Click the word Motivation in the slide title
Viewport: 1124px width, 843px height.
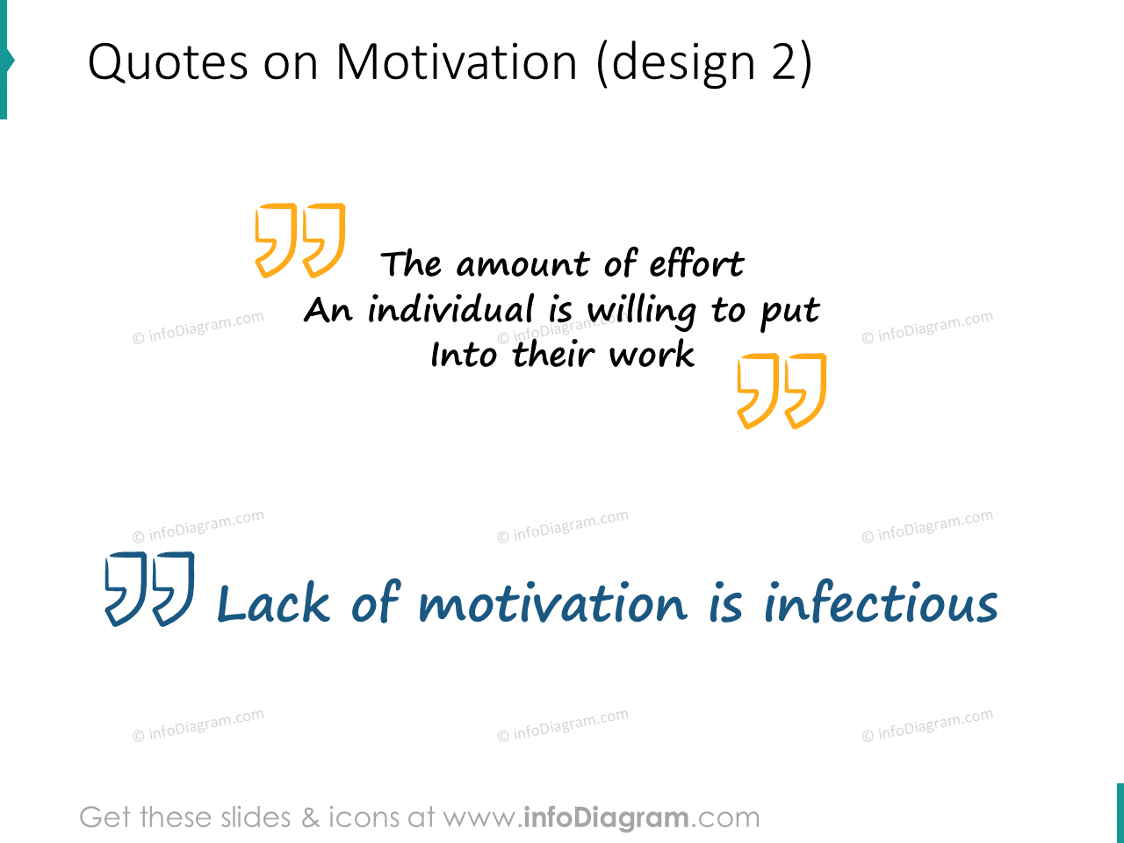[x=457, y=63]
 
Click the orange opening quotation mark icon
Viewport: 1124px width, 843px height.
[x=299, y=240]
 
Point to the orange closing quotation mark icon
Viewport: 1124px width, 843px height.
[x=782, y=391]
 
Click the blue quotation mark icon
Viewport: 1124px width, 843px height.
[x=149, y=588]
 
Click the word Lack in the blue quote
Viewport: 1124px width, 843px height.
[x=273, y=604]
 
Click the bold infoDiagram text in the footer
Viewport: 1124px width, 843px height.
[x=606, y=818]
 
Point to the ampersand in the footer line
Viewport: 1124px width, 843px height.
[x=311, y=818]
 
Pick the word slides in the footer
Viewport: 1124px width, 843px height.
[x=256, y=818]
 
